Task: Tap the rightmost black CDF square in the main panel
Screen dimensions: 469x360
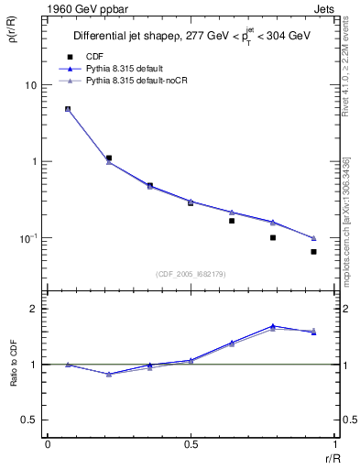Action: (313, 252)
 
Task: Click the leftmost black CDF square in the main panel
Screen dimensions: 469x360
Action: (68, 109)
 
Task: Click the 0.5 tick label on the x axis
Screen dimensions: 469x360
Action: (191, 445)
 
